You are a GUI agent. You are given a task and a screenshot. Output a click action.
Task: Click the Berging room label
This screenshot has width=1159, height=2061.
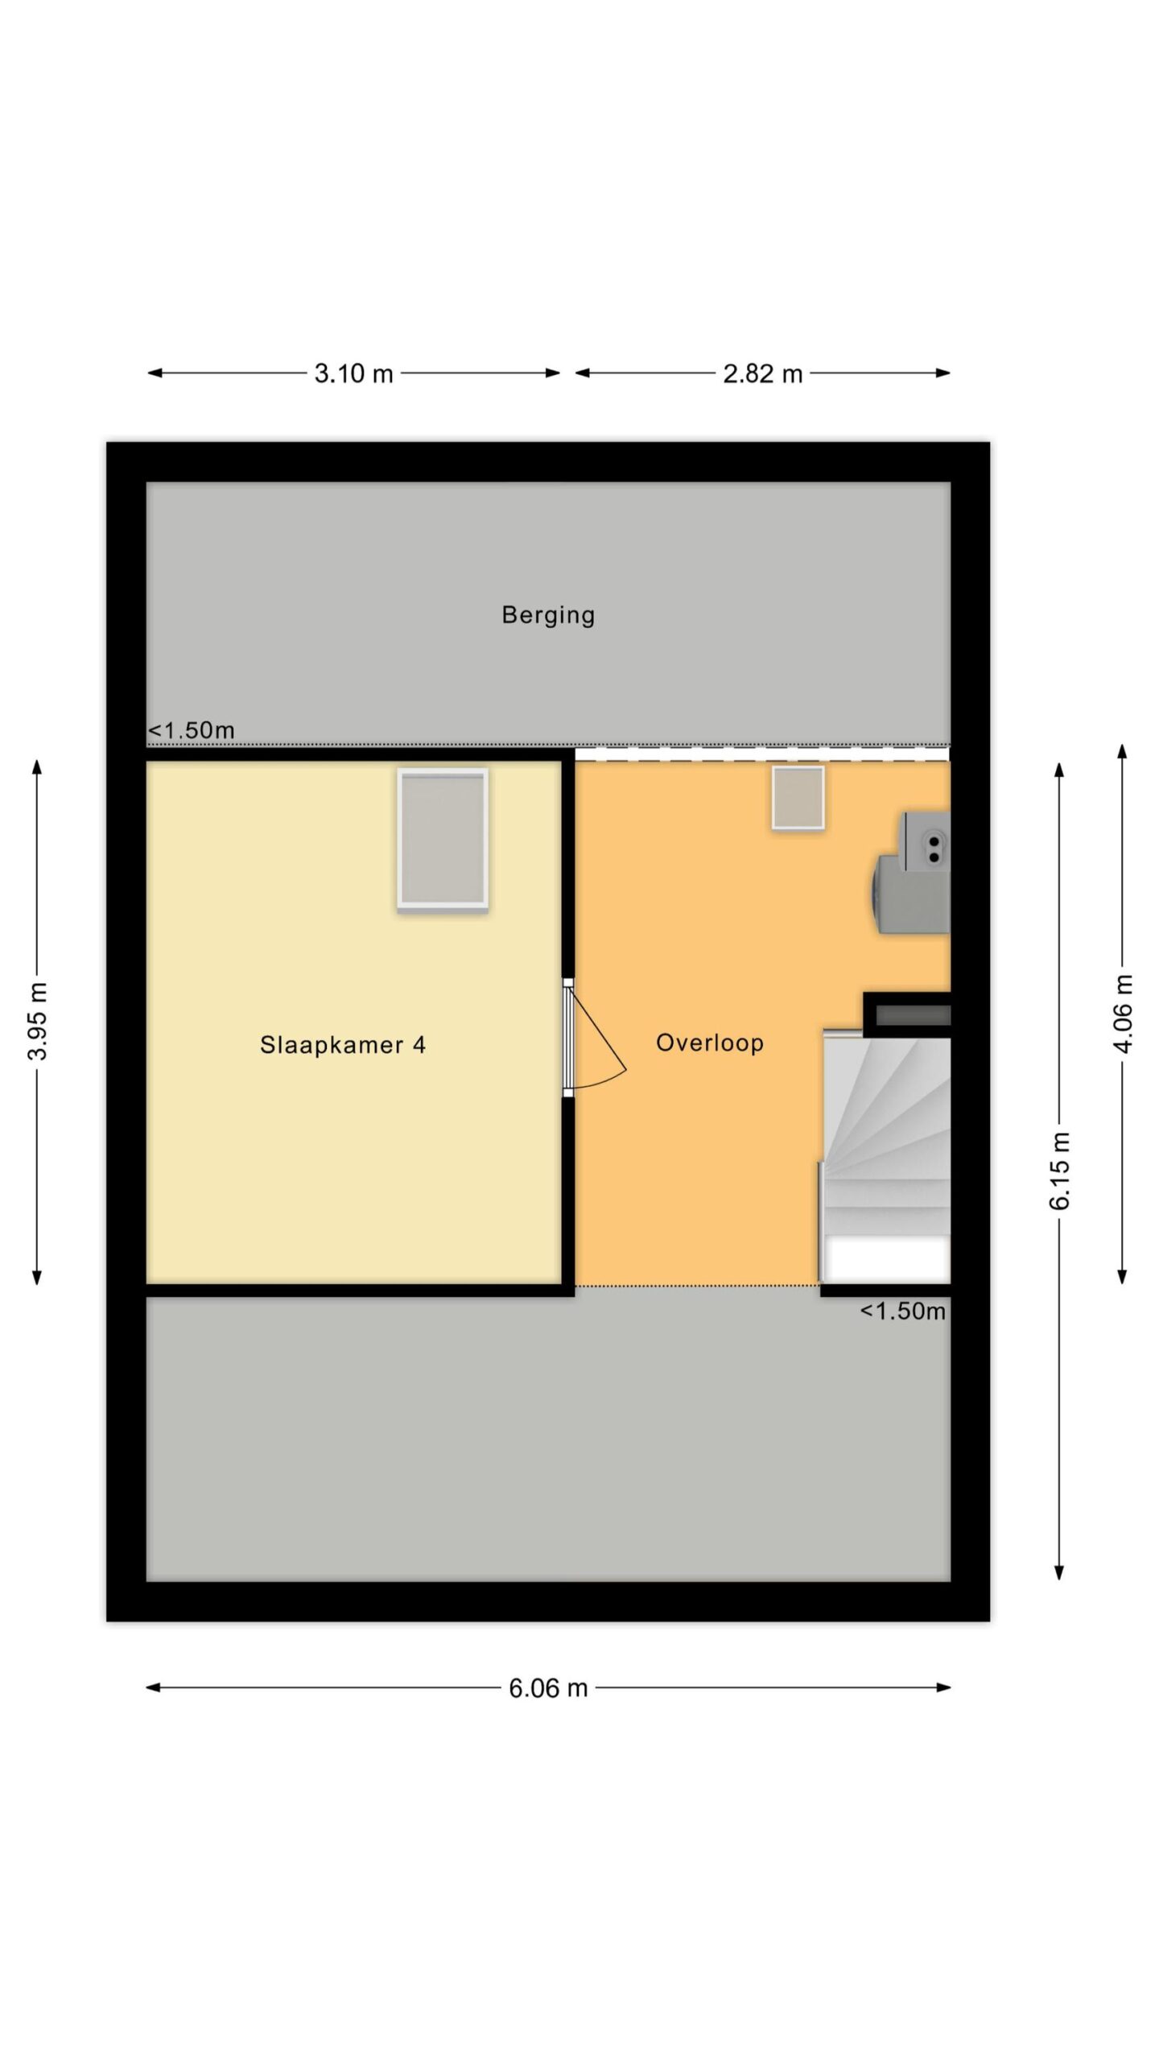(548, 615)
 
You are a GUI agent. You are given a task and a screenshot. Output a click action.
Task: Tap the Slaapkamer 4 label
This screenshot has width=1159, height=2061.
(343, 1045)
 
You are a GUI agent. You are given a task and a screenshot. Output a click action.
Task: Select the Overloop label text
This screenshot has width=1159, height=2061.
(710, 1043)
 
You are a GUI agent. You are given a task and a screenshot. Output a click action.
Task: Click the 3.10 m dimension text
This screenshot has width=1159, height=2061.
(353, 374)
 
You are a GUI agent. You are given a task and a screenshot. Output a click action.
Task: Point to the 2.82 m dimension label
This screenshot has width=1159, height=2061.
(763, 374)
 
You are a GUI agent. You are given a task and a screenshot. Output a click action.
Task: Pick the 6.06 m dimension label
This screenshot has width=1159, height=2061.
(548, 1688)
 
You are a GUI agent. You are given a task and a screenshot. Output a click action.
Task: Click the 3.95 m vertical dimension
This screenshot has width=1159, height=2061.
(37, 1021)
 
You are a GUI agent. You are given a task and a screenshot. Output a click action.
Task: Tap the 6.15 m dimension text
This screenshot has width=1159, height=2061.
(1060, 1171)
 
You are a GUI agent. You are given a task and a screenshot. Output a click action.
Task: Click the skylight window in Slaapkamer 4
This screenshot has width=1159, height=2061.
(443, 839)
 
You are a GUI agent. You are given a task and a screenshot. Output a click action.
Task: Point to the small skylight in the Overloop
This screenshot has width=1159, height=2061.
(798, 797)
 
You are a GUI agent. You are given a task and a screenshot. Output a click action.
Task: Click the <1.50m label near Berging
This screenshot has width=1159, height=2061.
(192, 730)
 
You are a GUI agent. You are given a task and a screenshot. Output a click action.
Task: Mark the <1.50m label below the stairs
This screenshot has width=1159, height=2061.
(902, 1311)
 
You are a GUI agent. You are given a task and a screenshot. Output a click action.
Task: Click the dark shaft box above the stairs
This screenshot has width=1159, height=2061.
(908, 1014)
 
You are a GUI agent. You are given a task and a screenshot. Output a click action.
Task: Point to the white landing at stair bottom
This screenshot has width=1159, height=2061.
(888, 1258)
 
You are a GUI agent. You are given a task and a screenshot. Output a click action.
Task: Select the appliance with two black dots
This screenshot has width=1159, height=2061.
(926, 842)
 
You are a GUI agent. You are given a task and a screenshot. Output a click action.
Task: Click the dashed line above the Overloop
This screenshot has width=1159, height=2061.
(762, 754)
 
